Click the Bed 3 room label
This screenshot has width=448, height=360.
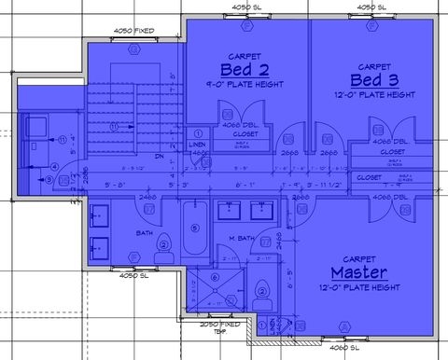tap(373, 81)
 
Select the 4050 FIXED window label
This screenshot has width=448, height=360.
tap(133, 31)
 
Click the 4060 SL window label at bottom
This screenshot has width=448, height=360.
tap(347, 349)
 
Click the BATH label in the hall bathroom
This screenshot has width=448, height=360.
tap(144, 232)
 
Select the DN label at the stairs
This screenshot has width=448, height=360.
tap(160, 157)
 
